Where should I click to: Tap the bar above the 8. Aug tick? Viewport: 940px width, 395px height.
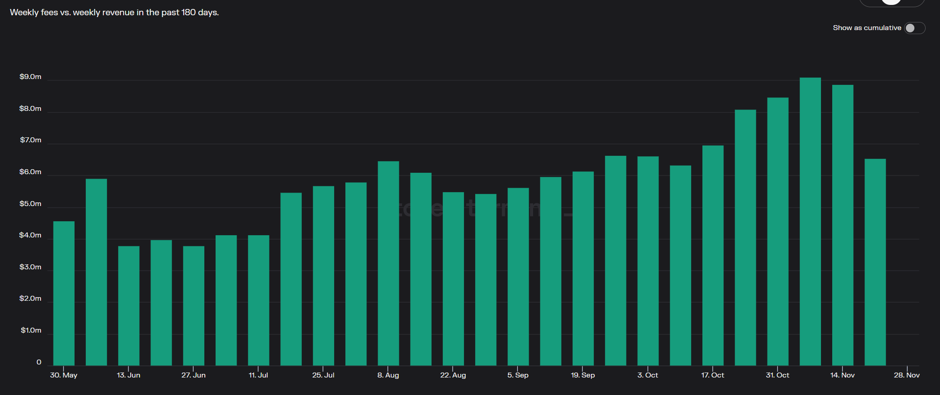pyautogui.click(x=388, y=263)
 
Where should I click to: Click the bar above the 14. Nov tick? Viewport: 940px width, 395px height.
pyautogui.click(x=843, y=225)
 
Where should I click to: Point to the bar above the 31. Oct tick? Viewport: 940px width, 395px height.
pyautogui.click(x=778, y=231)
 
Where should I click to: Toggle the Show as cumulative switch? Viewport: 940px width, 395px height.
pyautogui.click(x=914, y=28)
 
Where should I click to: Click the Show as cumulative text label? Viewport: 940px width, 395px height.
pyautogui.click(x=867, y=28)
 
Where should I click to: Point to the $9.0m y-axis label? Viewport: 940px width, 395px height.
pyautogui.click(x=30, y=77)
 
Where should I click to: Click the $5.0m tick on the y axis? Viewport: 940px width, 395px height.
pyautogui.click(x=30, y=204)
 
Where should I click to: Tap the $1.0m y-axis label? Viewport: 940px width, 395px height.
pyautogui.click(x=31, y=330)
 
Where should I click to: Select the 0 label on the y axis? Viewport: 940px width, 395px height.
pyautogui.click(x=39, y=362)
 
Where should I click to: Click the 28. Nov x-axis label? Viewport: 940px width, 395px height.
pyautogui.click(x=906, y=375)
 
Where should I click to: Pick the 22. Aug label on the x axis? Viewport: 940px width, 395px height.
pyautogui.click(x=453, y=375)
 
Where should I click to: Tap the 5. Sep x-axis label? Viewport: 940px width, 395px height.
pyautogui.click(x=518, y=375)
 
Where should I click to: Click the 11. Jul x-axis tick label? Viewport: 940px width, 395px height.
pyautogui.click(x=258, y=375)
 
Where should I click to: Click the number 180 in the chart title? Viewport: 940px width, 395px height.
pyautogui.click(x=188, y=13)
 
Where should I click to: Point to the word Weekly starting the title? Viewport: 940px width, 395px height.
pyautogui.click(x=24, y=13)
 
